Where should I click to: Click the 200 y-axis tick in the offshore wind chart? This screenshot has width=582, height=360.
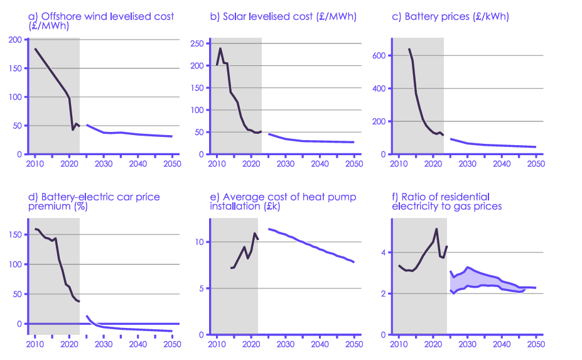click(14, 39)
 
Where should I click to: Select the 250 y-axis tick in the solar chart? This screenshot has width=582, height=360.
click(197, 43)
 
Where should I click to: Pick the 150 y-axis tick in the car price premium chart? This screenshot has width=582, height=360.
click(14, 234)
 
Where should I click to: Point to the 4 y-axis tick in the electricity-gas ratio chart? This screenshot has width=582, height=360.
click(384, 253)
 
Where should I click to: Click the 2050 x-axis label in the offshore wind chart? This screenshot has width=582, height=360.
click(171, 164)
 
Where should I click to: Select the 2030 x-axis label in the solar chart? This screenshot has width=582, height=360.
click(286, 164)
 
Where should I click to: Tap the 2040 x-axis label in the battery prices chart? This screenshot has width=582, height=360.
click(500, 164)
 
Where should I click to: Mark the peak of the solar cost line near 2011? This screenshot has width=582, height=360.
click(220, 48)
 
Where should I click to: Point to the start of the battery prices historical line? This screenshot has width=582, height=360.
click(409, 49)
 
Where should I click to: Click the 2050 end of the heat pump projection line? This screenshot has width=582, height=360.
click(354, 262)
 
